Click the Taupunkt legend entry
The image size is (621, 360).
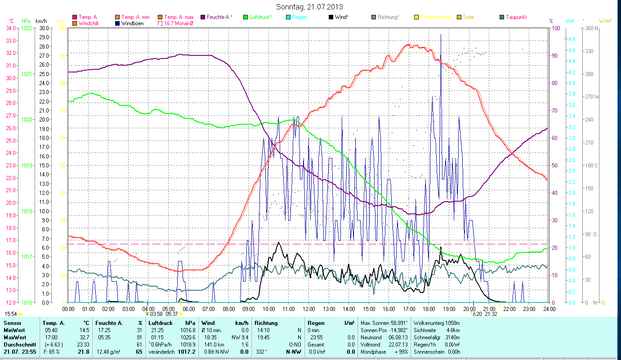point(516,17)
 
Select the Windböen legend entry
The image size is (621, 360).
point(134,23)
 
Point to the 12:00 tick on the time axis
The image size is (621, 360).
point(308,309)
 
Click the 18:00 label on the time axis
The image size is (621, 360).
point(429,309)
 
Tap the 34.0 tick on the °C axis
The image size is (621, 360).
point(11,28)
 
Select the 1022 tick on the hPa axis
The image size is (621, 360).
point(27,28)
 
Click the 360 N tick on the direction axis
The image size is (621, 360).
point(592,28)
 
